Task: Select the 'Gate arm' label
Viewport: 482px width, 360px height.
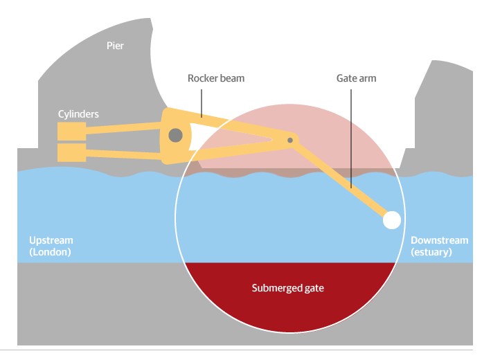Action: pos(356,78)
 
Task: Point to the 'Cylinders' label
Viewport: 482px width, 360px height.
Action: pos(78,114)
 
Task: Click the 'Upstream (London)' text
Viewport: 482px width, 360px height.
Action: pos(51,246)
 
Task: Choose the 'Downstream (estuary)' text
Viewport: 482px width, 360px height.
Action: pos(439,246)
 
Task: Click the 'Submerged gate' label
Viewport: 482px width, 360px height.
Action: pos(287,288)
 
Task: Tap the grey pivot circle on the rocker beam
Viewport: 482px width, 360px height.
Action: pos(175,134)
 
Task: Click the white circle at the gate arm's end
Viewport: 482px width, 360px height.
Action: pos(392,220)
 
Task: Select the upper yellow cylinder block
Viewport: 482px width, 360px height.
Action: pos(71,131)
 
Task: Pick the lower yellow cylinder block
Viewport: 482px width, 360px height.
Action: pos(71,152)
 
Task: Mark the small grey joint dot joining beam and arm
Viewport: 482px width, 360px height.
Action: pos(291,141)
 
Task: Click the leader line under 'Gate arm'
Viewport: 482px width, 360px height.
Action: pos(351,138)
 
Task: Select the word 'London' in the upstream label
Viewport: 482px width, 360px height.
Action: pos(51,252)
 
